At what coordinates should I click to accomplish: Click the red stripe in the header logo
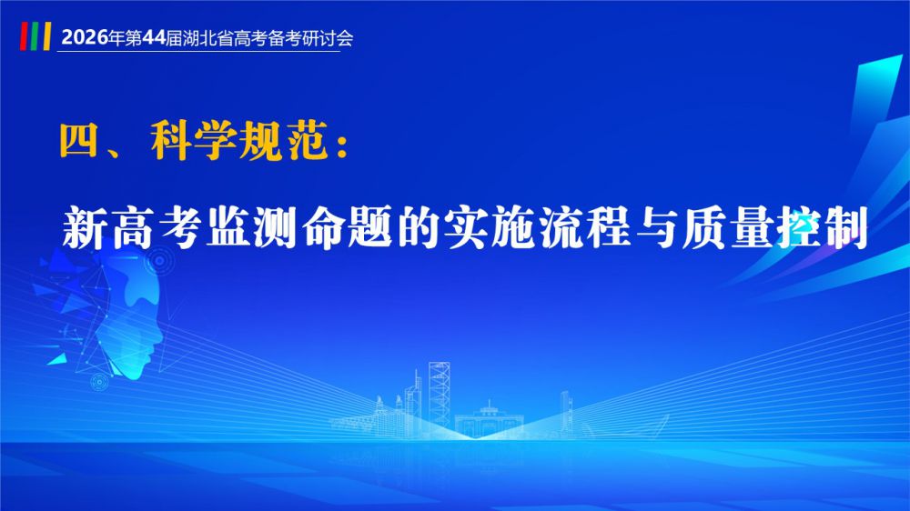pos(24,36)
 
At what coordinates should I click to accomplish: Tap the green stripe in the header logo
pos(35,36)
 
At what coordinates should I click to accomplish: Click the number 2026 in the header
pos(85,37)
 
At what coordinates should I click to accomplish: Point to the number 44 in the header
pos(154,37)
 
